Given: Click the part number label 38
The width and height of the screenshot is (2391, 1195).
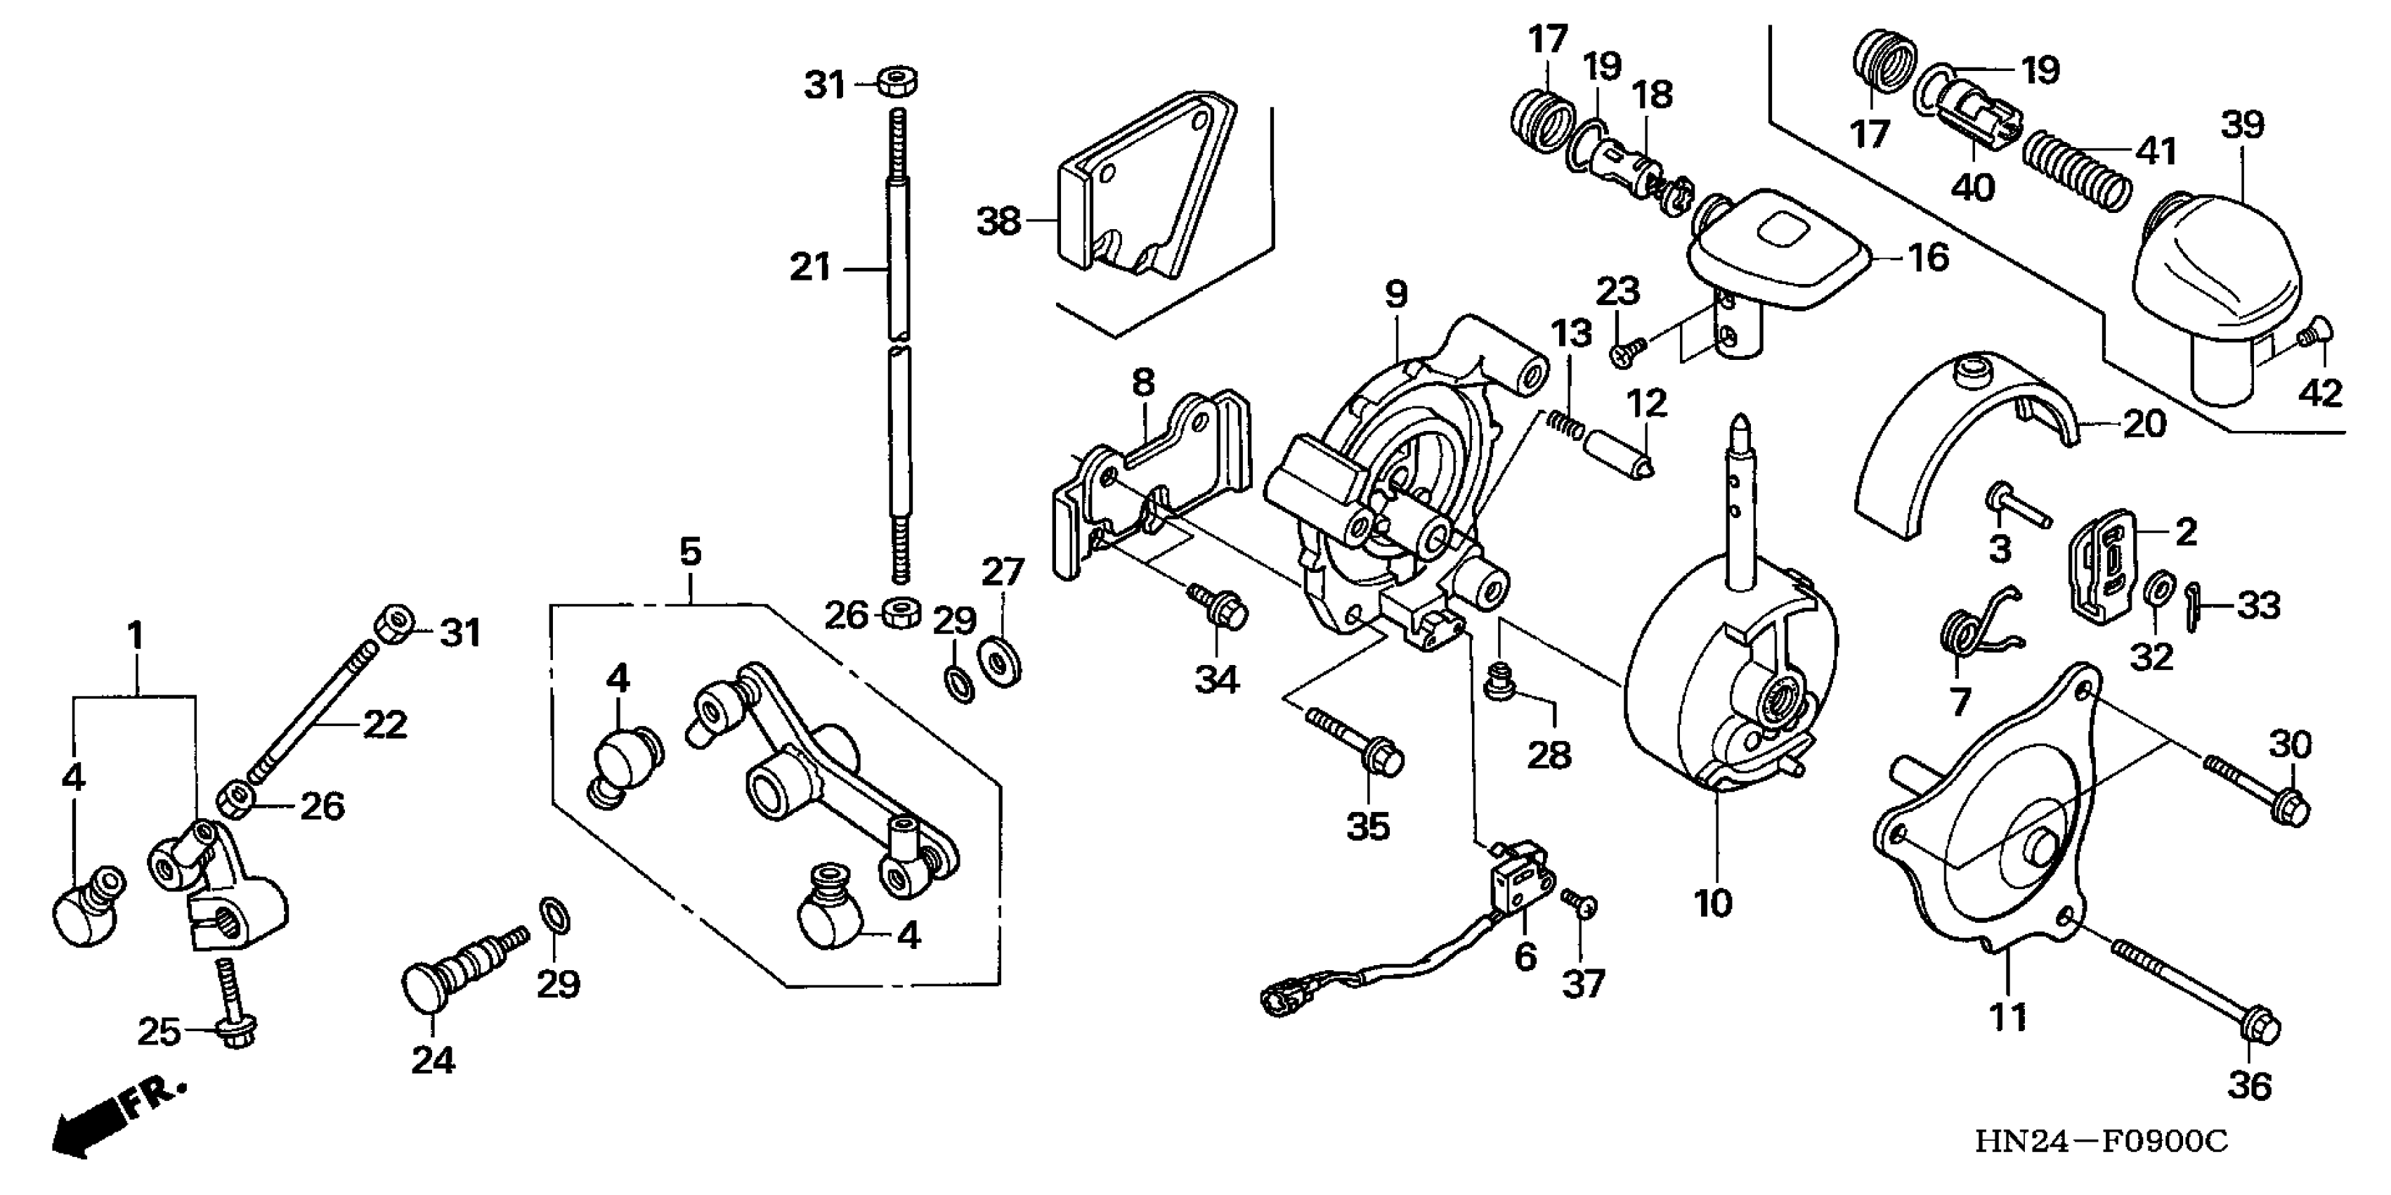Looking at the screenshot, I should click(x=998, y=222).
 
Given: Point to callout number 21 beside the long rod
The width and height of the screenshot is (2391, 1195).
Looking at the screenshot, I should click(x=809, y=269).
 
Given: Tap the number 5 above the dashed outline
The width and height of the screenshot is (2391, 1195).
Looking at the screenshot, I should click(x=691, y=553).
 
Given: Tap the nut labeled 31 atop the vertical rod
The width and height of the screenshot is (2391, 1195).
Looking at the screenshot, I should click(x=897, y=82).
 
